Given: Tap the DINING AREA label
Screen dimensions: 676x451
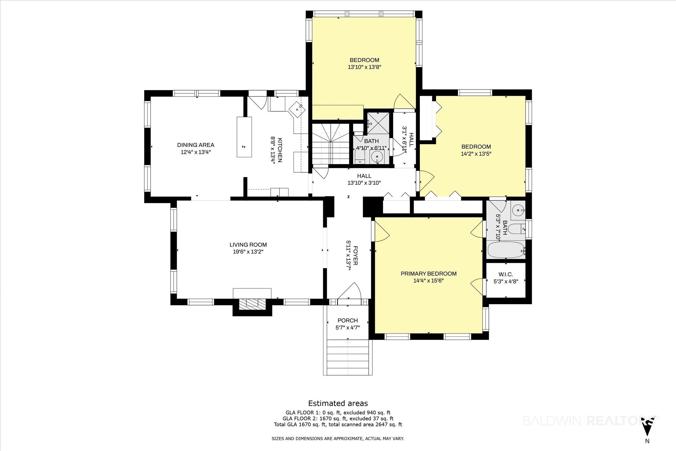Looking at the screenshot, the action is pyautogui.click(x=196, y=145).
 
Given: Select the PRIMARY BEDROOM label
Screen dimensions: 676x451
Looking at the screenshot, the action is pyautogui.click(x=428, y=274).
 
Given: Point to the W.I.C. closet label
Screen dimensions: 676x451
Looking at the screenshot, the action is pyautogui.click(x=506, y=274).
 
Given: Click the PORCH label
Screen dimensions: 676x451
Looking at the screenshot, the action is pyautogui.click(x=348, y=321).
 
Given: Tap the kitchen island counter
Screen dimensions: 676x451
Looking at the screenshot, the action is pyautogui.click(x=244, y=137).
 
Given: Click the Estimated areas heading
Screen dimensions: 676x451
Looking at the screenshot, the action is pyautogui.click(x=338, y=403).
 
